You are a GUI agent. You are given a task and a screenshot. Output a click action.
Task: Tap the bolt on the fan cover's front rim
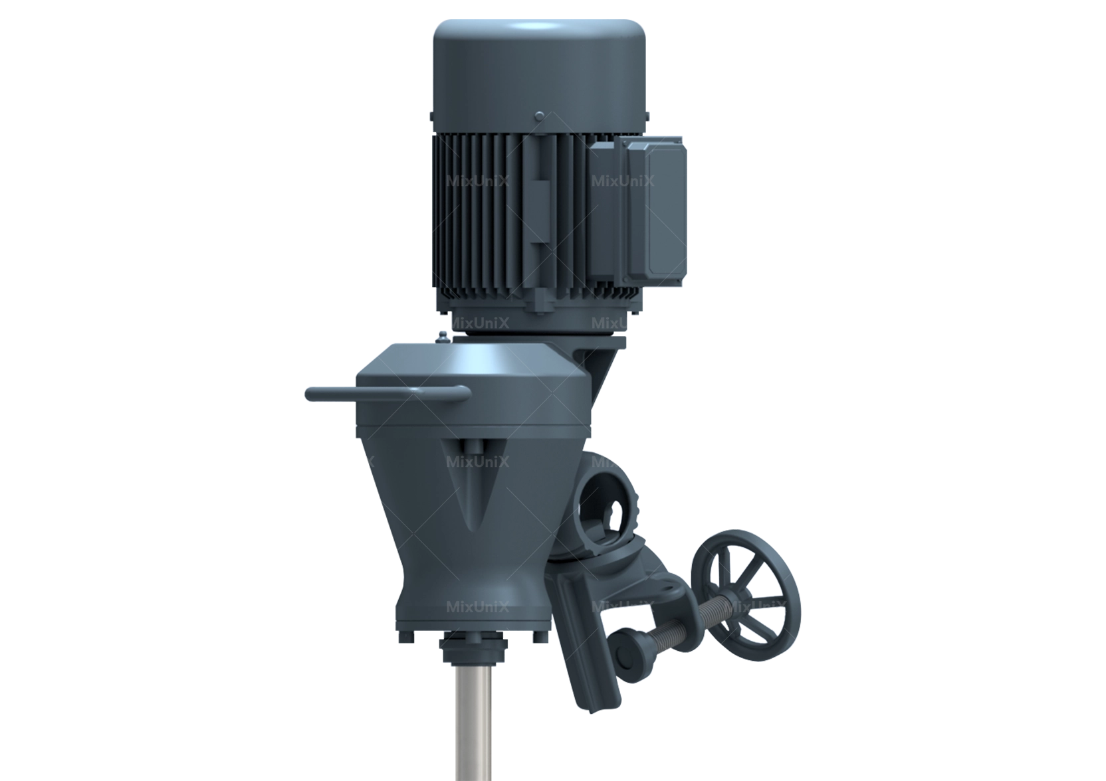(538, 117)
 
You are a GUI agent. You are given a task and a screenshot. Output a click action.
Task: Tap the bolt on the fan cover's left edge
(430, 117)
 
